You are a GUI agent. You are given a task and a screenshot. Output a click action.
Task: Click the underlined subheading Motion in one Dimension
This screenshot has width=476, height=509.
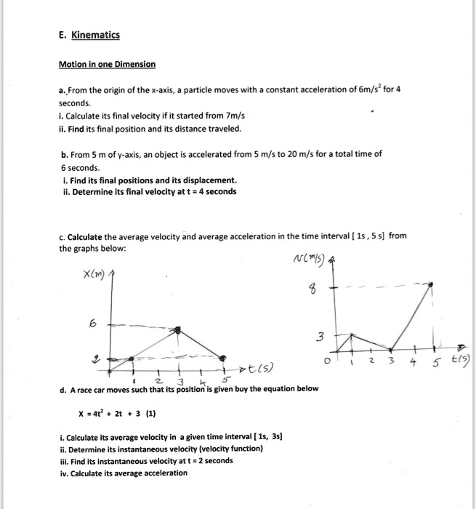[x=107, y=64]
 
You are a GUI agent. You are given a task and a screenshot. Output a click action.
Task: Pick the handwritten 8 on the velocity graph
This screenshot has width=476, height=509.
[x=315, y=292]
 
